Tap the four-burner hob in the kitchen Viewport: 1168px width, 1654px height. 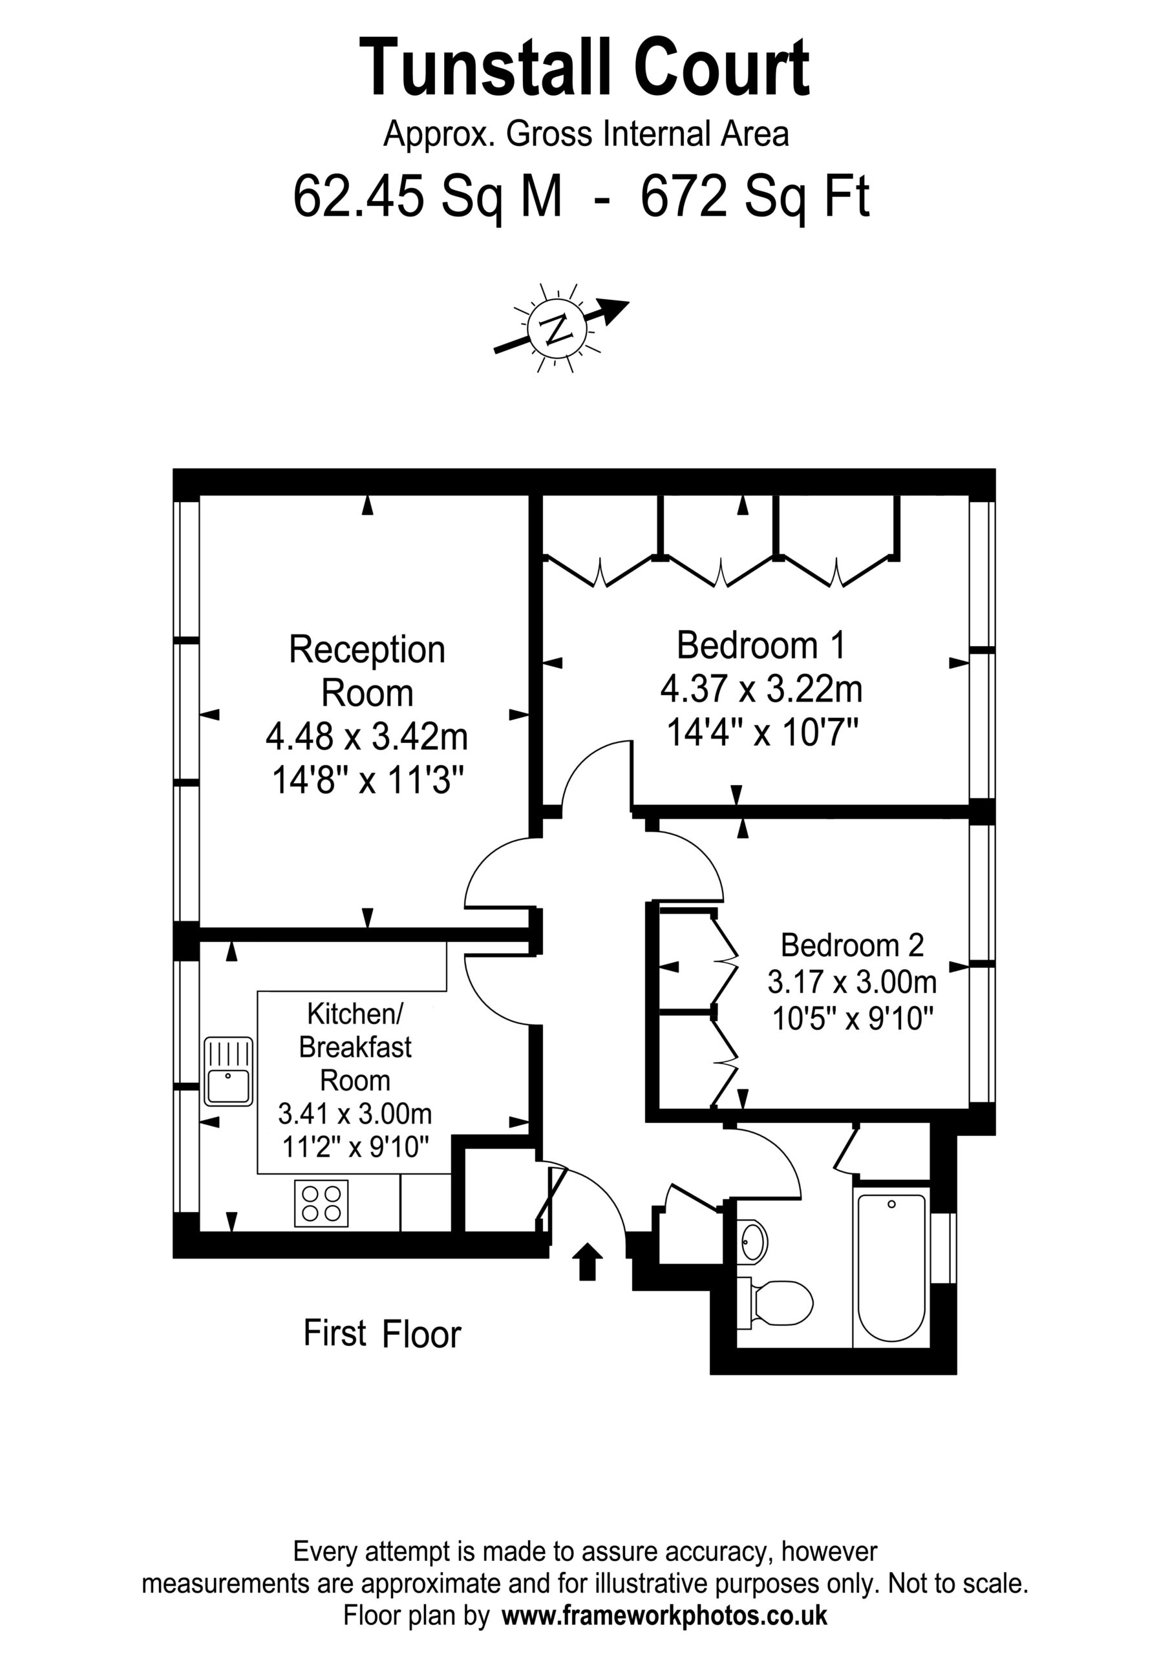[321, 1203]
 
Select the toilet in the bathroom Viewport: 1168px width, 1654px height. [775, 1303]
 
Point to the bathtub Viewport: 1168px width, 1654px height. [891, 1268]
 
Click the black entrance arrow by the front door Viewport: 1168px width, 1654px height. [588, 1261]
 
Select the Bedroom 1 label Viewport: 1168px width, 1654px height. [760, 645]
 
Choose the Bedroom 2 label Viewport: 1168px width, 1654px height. [853, 945]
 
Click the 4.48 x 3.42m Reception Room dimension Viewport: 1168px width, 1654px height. [366, 737]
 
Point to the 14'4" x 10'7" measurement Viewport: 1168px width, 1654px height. [762, 734]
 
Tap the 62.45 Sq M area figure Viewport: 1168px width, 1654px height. [427, 196]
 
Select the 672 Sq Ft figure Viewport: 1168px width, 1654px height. [755, 196]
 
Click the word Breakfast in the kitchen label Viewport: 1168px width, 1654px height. [356, 1047]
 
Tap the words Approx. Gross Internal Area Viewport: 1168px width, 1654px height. [586, 135]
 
